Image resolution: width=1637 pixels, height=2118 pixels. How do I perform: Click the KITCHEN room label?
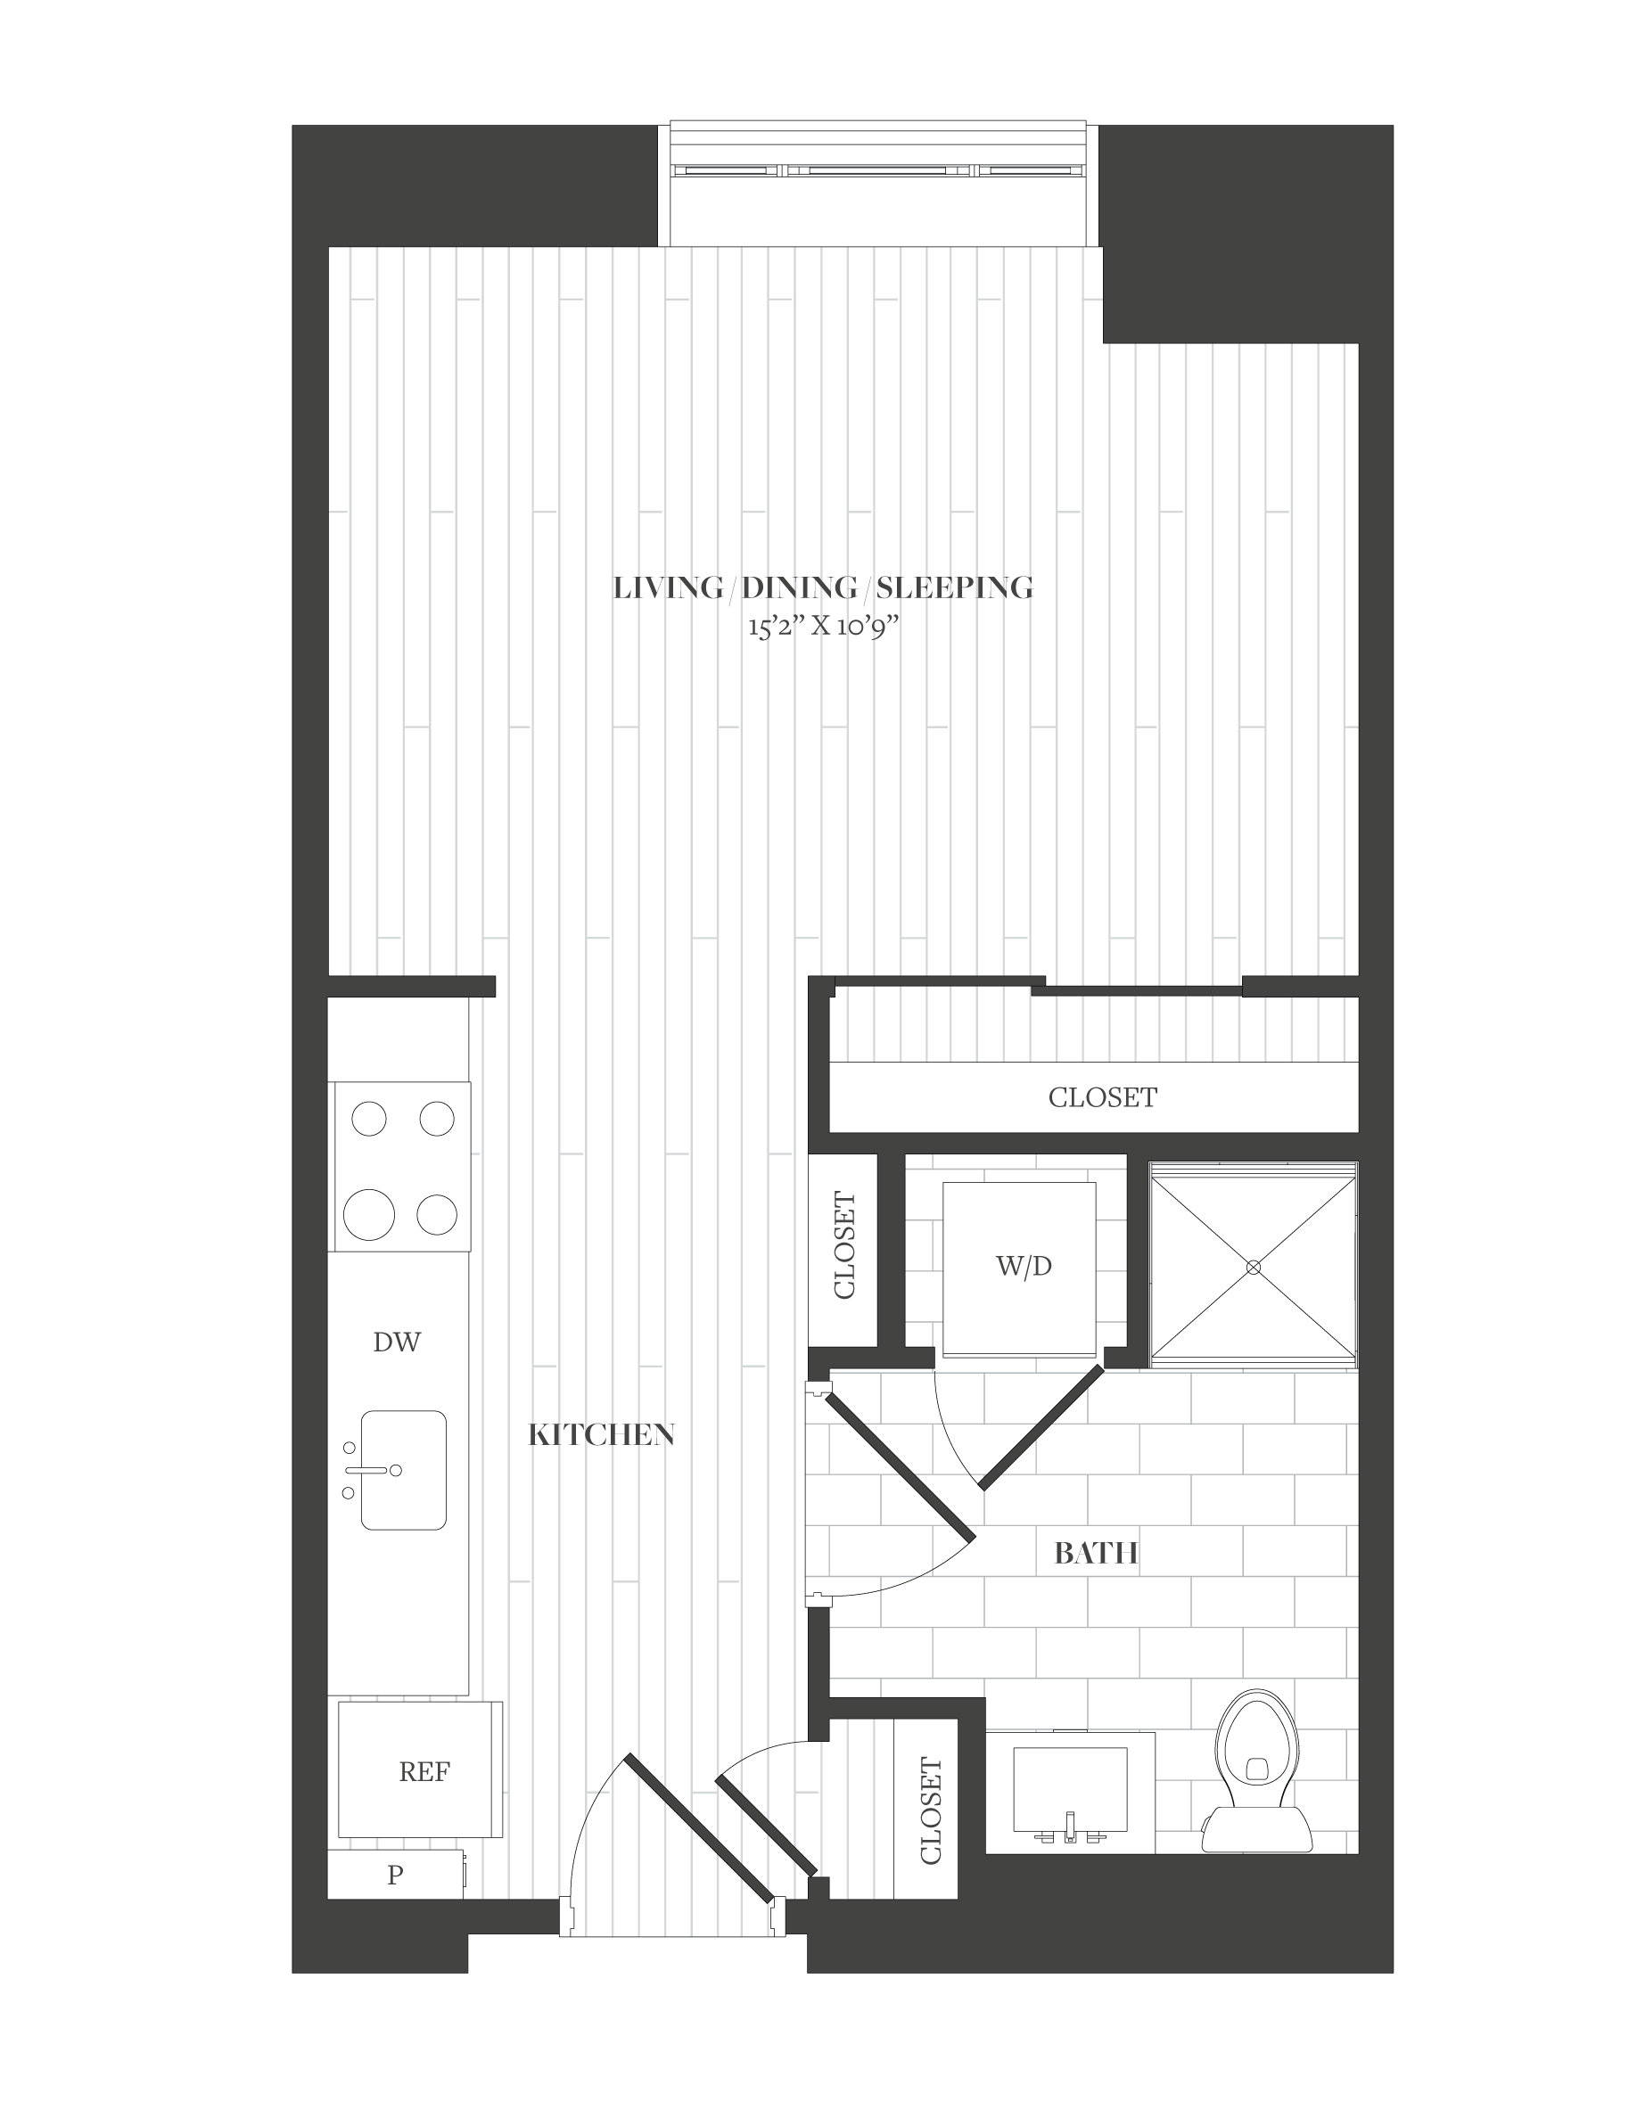[x=601, y=1435]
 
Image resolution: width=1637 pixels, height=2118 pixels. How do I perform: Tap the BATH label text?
[x=1096, y=1554]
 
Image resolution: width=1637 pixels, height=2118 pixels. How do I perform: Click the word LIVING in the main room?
[x=668, y=587]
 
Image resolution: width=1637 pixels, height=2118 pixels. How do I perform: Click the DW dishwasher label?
[x=397, y=1342]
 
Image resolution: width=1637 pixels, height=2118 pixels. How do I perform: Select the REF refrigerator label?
[x=424, y=1773]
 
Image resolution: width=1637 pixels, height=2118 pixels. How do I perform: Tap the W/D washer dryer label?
[x=1024, y=1267]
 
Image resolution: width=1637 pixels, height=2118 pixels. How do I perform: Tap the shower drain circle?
[x=1253, y=1267]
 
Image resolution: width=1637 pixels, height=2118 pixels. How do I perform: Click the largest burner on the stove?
[x=369, y=1214]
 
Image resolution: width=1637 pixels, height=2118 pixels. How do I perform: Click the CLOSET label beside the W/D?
[x=844, y=1246]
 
